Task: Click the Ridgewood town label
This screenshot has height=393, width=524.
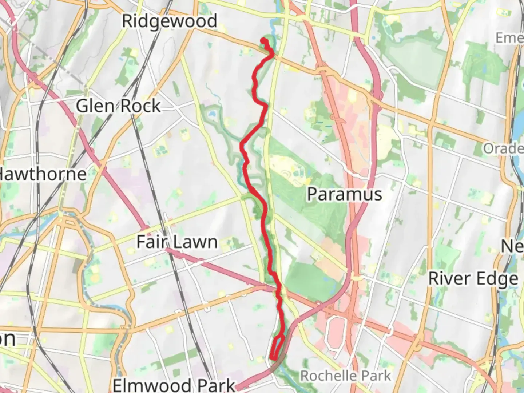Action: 169,21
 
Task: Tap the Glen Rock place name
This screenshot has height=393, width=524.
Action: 118,106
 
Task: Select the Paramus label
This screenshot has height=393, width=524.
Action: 344,194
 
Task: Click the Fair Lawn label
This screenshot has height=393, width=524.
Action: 177,242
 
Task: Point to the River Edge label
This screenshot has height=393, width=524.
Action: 473,279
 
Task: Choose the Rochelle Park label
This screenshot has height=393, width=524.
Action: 345,376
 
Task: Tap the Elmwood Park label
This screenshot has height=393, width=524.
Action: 174,385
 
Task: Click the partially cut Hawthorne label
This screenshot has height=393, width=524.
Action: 43,174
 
